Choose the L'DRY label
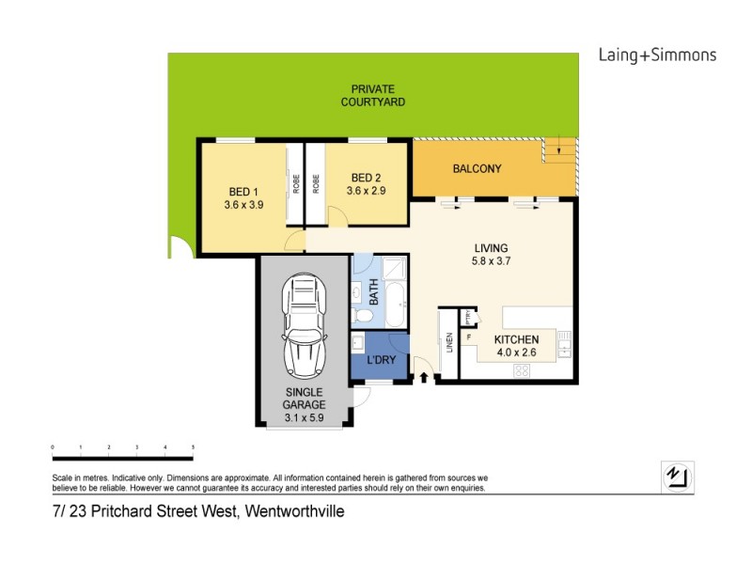[380, 359]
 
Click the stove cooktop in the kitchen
[522, 370]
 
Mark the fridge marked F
[467, 336]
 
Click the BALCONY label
[477, 169]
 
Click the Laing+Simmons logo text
[657, 55]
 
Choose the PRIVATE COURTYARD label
[372, 95]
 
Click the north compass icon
[675, 476]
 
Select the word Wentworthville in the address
[294, 512]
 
